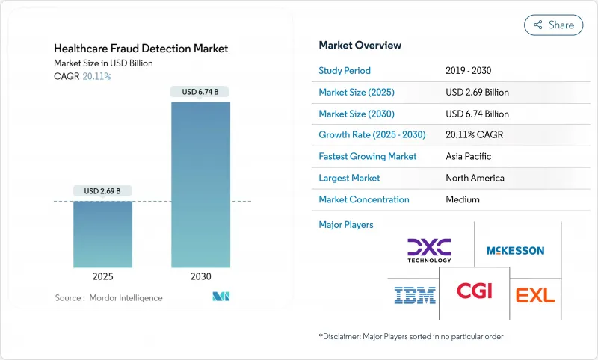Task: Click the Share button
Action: pyautogui.click(x=554, y=25)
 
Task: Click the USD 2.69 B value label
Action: pyautogui.click(x=103, y=190)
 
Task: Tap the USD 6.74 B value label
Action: pyautogui.click(x=201, y=92)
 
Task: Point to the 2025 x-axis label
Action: pyautogui.click(x=103, y=276)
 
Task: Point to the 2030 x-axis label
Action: pyautogui.click(x=201, y=276)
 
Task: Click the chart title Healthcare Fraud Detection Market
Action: pyautogui.click(x=141, y=49)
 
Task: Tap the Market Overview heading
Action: pyautogui.click(x=360, y=45)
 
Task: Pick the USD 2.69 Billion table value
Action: pyautogui.click(x=477, y=93)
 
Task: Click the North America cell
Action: pyautogui.click(x=475, y=178)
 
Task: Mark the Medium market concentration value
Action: pyautogui.click(x=463, y=199)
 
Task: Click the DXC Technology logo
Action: pyautogui.click(x=429, y=250)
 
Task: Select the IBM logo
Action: pyautogui.click(x=415, y=295)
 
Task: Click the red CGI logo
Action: pyautogui.click(x=475, y=291)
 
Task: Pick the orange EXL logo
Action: pyautogui.click(x=535, y=294)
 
